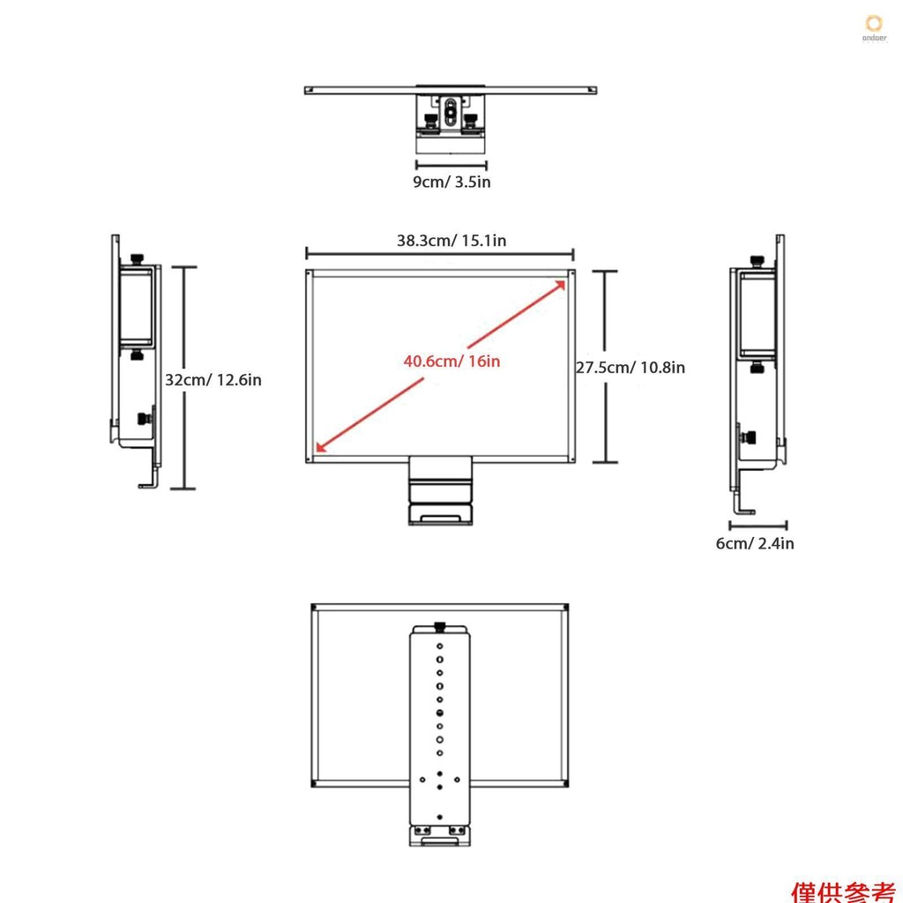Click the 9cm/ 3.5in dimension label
(x=451, y=183)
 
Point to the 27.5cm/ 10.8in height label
(x=631, y=367)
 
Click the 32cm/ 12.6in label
(x=213, y=380)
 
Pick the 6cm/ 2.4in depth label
(x=754, y=543)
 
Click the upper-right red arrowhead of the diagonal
(x=561, y=283)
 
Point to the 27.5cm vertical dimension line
(x=604, y=367)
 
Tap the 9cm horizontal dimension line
(x=451, y=164)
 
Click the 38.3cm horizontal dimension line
(x=439, y=252)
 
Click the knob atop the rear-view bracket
(x=439, y=627)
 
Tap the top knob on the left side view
(x=138, y=257)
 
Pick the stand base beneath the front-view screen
(x=439, y=513)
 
